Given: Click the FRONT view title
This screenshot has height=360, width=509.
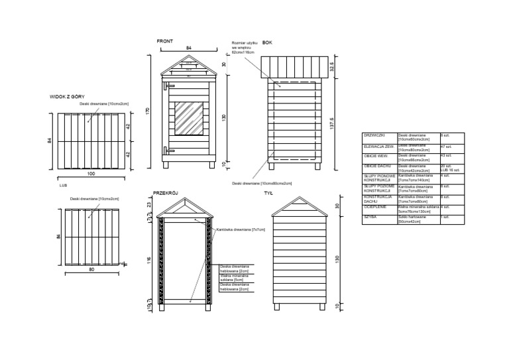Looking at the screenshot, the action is (165, 42).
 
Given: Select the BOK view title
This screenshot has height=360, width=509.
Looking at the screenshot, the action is (267, 42).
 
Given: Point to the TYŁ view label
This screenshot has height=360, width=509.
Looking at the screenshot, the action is (268, 194).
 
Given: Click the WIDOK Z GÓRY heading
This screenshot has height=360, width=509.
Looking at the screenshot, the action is (67, 96).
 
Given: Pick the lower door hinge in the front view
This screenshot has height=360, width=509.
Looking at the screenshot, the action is (168, 150).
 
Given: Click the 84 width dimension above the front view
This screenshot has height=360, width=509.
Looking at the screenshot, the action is (188, 48).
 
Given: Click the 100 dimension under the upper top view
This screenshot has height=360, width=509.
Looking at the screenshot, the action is (91, 174).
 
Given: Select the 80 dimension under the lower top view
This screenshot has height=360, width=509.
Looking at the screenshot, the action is (91, 270).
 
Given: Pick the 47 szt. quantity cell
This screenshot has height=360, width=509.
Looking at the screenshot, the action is (447, 147).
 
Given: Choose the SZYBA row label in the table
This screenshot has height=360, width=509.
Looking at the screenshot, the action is (370, 217).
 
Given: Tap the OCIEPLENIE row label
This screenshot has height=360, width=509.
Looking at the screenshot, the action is (376, 208).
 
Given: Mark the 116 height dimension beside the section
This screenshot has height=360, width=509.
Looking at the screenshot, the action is (150, 261).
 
